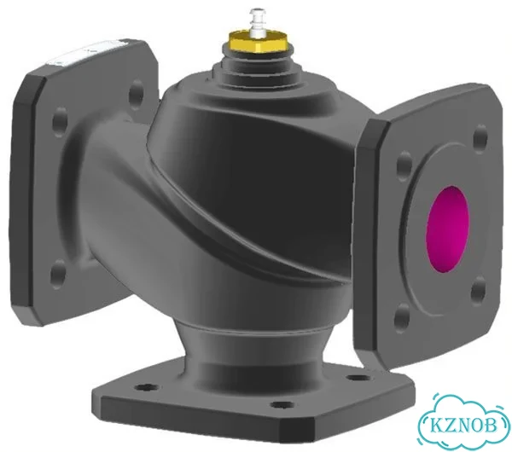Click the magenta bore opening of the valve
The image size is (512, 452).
(x=448, y=229)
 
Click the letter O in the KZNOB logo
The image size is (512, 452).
(x=476, y=426)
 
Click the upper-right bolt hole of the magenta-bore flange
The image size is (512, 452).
(x=480, y=139)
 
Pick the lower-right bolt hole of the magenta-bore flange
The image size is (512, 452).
(x=479, y=291)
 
